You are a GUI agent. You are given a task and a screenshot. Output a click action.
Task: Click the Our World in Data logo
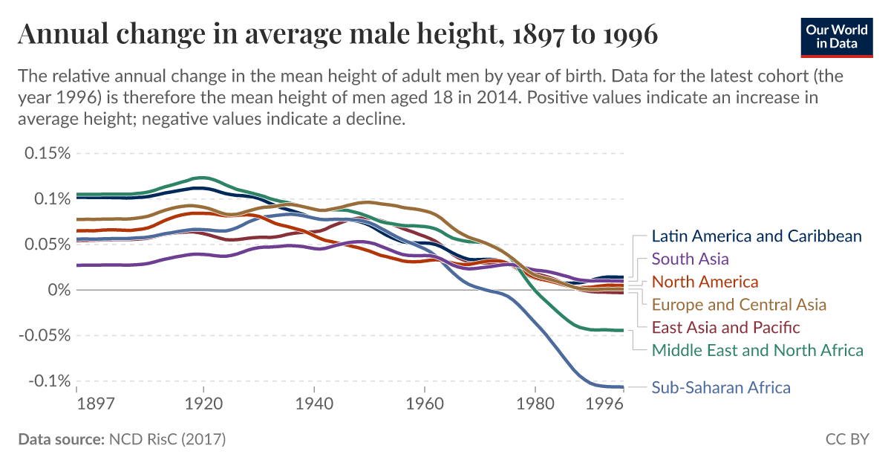pos(837,35)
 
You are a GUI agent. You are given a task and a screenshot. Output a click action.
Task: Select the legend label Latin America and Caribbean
pos(756,236)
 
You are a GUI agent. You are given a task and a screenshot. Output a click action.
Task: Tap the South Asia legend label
pos(690,259)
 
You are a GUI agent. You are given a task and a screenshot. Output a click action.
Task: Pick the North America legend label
pos(705,282)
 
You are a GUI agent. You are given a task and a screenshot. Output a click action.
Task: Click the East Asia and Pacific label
pos(725,327)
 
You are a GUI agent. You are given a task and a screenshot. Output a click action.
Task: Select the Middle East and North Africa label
pos(757,350)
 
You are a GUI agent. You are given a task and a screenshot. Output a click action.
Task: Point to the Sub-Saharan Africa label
pos(720,387)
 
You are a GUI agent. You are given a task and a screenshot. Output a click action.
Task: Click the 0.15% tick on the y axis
pos(47,153)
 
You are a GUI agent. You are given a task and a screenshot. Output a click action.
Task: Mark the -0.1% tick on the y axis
pos(48,381)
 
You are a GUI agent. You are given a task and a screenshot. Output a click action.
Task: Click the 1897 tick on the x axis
pos(95,404)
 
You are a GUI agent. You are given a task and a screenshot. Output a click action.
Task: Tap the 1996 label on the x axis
pos(603,404)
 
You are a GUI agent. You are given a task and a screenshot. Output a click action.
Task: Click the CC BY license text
pos(846,439)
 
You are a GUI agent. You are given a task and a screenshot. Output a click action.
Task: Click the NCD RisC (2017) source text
pos(167,439)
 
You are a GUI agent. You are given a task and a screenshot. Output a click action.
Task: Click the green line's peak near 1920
pos(201,178)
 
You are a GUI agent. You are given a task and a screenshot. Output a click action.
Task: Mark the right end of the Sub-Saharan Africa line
pos(622,386)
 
